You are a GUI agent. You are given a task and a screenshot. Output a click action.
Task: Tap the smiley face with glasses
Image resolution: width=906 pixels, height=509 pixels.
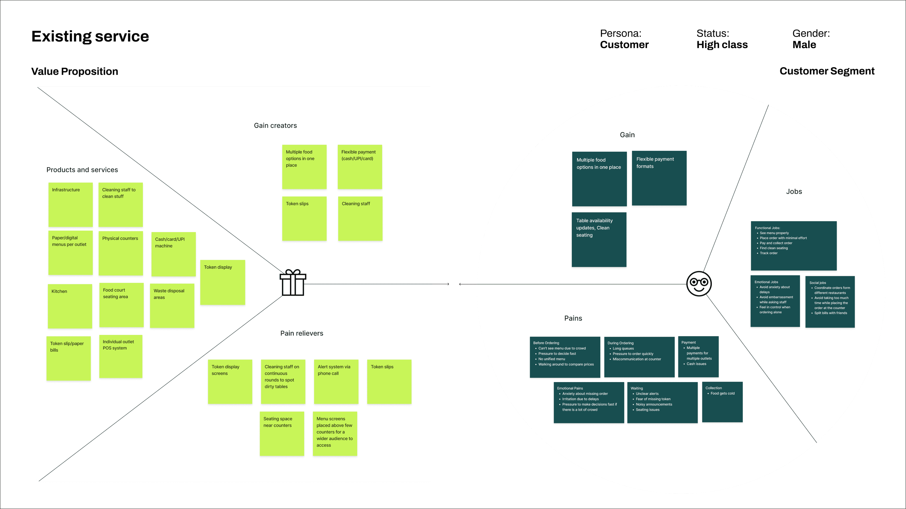(x=699, y=284)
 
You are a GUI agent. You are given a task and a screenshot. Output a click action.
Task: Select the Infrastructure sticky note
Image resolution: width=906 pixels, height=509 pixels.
(x=70, y=204)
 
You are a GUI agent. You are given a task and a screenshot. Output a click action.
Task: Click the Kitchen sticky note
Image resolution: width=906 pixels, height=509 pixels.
(x=70, y=306)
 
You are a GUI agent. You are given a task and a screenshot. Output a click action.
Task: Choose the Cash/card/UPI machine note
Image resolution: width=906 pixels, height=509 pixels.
(x=173, y=254)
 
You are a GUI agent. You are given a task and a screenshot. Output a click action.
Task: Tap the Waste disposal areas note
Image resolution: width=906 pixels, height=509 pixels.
(x=172, y=306)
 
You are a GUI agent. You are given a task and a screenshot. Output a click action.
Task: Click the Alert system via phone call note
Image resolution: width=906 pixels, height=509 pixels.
(x=336, y=381)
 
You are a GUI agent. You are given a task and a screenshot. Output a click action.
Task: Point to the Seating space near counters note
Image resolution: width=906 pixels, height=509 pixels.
(x=282, y=433)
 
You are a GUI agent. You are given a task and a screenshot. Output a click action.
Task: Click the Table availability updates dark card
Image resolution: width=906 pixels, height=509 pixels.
(x=599, y=239)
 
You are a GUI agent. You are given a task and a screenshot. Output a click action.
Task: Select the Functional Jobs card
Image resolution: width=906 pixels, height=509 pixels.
(x=793, y=245)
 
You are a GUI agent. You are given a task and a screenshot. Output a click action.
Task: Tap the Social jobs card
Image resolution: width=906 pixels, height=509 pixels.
(x=830, y=302)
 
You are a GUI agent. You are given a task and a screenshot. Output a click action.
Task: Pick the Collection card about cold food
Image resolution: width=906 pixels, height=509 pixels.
(x=722, y=402)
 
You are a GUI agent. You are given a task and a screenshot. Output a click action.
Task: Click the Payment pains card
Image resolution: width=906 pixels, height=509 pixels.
(x=698, y=356)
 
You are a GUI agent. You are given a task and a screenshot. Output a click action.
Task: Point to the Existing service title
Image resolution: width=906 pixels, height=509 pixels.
(x=90, y=36)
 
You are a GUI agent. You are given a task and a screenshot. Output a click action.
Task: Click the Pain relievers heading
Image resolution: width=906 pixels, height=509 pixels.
(x=301, y=333)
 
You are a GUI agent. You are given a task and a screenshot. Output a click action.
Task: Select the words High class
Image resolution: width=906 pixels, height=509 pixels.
(x=722, y=45)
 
